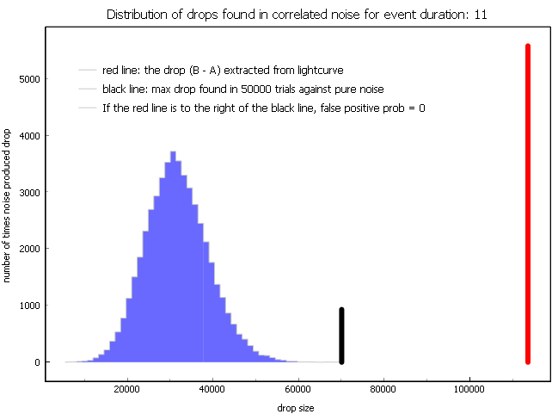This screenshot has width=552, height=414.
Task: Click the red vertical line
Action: point(528,204)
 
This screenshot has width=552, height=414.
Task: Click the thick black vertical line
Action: point(341,336)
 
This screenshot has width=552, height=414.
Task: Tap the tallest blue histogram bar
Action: point(173,256)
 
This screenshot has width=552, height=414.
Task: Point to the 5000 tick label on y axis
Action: point(29,79)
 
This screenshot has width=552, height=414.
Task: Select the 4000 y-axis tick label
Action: point(29,136)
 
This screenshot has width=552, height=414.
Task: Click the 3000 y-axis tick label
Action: point(29,193)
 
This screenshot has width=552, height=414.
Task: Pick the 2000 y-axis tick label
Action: point(29,249)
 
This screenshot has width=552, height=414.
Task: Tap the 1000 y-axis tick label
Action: point(29,306)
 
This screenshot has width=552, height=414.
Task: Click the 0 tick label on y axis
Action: point(37,362)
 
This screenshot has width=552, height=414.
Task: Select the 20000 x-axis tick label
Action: point(127,389)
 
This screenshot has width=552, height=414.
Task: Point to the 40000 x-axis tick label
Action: point(212,389)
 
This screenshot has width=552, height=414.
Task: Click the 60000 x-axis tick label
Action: point(298,389)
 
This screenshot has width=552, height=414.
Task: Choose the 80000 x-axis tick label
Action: point(383,389)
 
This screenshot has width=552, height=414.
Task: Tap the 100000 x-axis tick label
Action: point(469,389)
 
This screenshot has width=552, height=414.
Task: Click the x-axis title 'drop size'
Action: point(296,408)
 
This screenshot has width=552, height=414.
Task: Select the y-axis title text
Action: point(6,206)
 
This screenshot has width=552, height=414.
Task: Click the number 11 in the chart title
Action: point(481,15)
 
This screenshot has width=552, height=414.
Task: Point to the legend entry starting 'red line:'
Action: point(223,71)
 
